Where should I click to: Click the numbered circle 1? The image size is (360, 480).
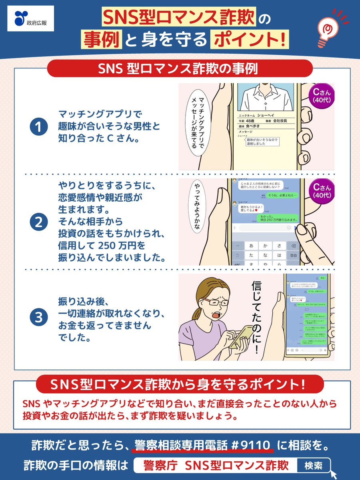click(x=39, y=128)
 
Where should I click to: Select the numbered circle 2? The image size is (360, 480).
click(x=39, y=222)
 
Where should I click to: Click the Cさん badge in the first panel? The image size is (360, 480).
click(x=322, y=96)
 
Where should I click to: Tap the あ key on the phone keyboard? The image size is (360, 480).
click(x=251, y=245)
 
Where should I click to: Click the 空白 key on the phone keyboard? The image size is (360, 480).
click(x=293, y=255)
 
